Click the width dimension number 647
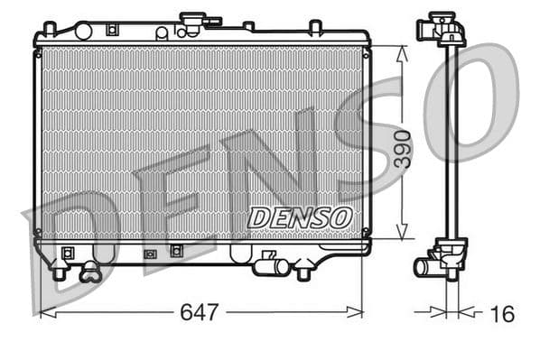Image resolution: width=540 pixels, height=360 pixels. click(200, 312)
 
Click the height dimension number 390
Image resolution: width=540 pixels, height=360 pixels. click(402, 150)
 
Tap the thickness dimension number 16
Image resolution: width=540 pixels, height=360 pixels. click(502, 313)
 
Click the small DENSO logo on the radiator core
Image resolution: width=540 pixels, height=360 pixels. click(299, 217)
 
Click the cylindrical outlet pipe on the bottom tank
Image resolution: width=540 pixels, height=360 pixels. click(271, 266)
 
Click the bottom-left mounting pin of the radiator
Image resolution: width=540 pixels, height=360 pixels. click(60, 272)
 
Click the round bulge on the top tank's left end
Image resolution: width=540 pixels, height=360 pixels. click(83, 32)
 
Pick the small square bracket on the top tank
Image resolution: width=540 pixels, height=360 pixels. click(110, 29)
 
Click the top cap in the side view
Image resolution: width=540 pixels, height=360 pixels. click(442, 26)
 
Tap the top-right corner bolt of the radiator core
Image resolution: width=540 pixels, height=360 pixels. click(365, 52)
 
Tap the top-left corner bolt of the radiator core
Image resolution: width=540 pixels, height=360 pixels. click(39, 52)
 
